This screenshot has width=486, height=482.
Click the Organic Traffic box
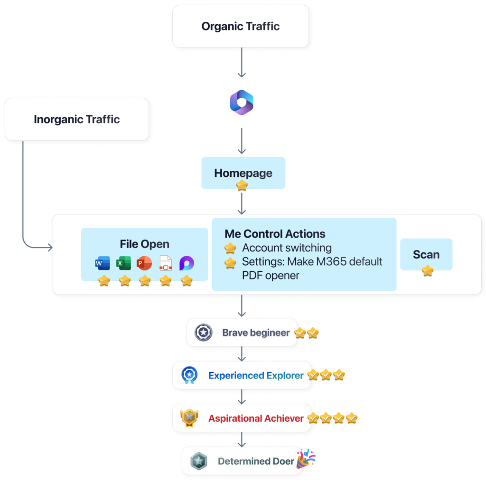[x=241, y=26]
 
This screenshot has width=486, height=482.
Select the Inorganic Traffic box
[x=77, y=119]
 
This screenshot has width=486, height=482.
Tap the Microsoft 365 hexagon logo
[x=242, y=102]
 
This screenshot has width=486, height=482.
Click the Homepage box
[x=243, y=173]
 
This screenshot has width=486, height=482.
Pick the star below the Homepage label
[x=242, y=185]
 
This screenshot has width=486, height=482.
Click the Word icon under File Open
[x=103, y=263]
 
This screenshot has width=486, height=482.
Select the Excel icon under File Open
[x=123, y=263]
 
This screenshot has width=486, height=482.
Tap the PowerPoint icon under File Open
[x=144, y=263]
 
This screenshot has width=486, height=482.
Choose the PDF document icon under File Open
[x=166, y=263]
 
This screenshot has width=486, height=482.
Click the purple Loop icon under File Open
[x=187, y=263]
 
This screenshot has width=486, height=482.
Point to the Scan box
[x=426, y=254]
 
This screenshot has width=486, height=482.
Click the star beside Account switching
[x=230, y=248]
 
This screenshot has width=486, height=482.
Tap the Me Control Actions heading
[x=275, y=234]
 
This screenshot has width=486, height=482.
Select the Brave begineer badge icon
[x=203, y=333]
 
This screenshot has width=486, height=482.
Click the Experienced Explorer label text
[x=256, y=375]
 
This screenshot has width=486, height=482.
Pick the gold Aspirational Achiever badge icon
[x=189, y=417]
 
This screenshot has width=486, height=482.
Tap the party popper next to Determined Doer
[x=306, y=458]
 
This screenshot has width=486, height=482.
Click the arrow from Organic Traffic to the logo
[x=242, y=62]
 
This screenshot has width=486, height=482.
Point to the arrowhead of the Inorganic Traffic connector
[x=50, y=248]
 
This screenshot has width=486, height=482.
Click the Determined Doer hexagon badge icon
[x=199, y=461]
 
